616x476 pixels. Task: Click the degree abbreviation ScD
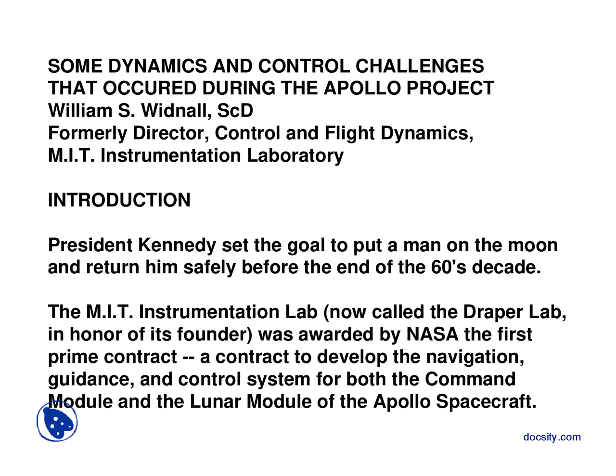(235, 111)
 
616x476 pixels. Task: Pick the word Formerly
(87, 133)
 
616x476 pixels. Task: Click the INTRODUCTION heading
(119, 200)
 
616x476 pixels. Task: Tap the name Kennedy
(177, 245)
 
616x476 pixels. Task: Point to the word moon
(534, 245)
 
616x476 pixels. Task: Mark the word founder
(215, 334)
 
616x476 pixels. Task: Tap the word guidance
(91, 379)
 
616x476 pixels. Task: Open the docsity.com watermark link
(552, 437)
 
